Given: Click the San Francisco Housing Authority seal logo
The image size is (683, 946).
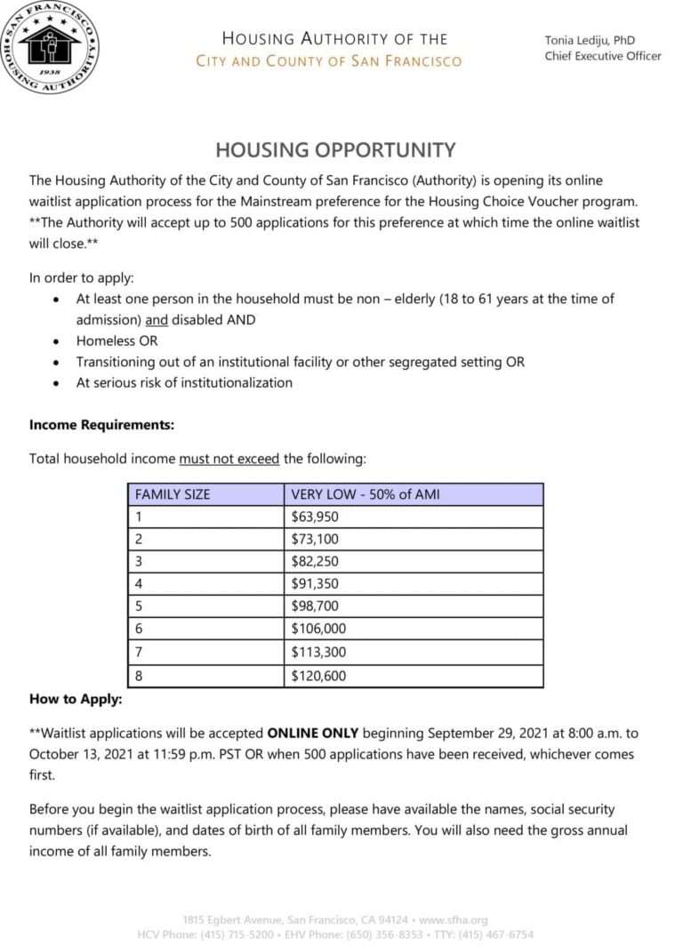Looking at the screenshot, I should [x=49, y=48].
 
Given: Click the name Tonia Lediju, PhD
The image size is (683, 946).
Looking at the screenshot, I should [x=590, y=40].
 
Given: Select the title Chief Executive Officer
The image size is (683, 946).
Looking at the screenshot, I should [x=603, y=56].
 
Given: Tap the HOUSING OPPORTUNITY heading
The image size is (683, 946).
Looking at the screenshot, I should [x=335, y=149].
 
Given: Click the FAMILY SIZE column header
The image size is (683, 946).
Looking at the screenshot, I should [x=173, y=494].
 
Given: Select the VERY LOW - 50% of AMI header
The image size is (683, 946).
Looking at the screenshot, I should [x=366, y=494].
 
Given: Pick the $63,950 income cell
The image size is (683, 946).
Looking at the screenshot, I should [x=315, y=517].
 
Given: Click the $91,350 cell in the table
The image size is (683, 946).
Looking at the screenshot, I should [x=315, y=584].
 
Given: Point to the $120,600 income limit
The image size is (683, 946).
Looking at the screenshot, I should [x=318, y=676].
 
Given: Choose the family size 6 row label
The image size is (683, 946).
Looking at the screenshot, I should [x=139, y=629].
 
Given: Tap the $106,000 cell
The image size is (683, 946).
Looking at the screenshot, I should [x=318, y=629].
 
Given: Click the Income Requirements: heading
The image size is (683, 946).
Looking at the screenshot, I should [x=101, y=425].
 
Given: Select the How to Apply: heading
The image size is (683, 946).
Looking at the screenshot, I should [x=76, y=699].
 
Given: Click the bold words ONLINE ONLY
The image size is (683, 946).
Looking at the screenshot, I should [x=313, y=734].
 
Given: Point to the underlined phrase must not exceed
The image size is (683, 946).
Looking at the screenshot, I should [x=229, y=459].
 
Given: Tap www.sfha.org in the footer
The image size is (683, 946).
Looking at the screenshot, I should [x=453, y=920].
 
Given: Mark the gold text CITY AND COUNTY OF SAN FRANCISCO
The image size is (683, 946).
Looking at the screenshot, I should [x=329, y=61].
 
